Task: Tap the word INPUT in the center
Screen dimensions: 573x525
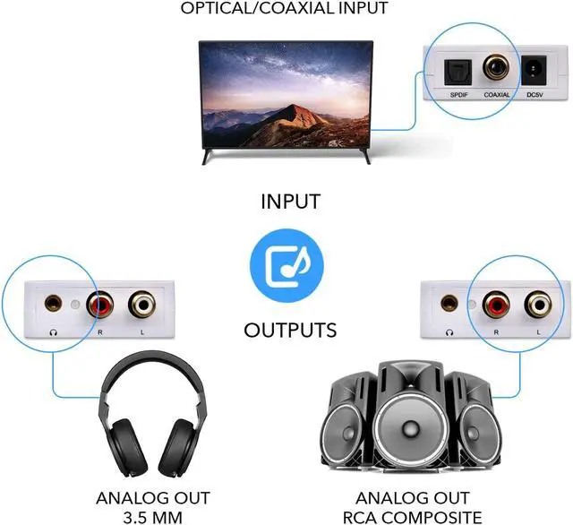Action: click(290, 201)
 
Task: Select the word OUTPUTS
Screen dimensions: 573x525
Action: click(290, 330)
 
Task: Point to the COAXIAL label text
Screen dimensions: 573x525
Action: click(497, 94)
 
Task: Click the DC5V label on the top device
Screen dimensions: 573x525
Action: click(536, 94)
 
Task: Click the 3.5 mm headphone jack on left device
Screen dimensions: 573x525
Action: click(46, 304)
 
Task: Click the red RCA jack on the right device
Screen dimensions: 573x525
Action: click(495, 305)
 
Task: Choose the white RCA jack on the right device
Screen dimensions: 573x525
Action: click(535, 305)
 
